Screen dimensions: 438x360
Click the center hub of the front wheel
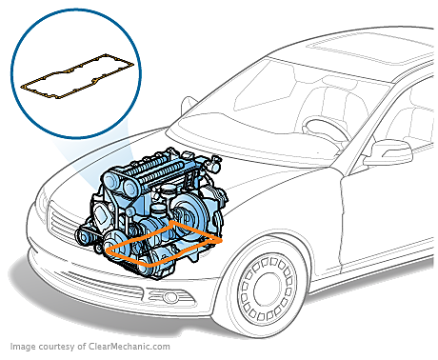(268, 288)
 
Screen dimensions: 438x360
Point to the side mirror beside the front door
(388, 152)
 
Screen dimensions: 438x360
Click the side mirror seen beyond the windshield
(189, 105)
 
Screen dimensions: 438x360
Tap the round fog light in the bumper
(170, 297)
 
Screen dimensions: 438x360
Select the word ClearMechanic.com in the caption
(129, 346)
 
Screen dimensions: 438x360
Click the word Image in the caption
(23, 347)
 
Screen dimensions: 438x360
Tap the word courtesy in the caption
(57, 347)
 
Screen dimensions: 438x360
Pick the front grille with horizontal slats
(65, 226)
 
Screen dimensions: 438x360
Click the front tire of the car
(268, 288)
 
